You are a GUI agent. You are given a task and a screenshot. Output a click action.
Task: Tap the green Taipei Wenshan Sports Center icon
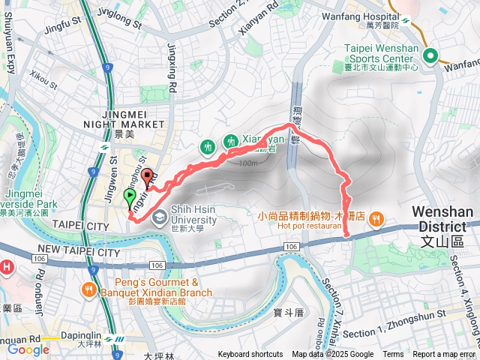[x=430, y=55]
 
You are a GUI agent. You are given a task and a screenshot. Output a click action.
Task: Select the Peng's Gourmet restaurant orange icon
[x=89, y=289]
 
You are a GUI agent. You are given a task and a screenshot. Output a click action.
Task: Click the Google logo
[x=28, y=349]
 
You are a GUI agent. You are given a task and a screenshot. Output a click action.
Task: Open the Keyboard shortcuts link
[x=250, y=355]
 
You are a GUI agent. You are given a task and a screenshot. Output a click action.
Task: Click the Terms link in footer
[x=393, y=355]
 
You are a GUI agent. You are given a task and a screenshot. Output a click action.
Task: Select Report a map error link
[x=444, y=355]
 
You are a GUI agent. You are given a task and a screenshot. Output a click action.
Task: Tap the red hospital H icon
[x=6, y=266]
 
